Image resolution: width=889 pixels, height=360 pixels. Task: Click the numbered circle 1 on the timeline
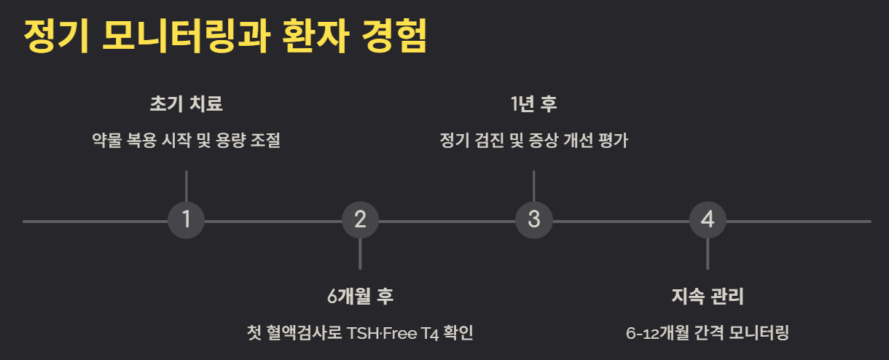[187, 220]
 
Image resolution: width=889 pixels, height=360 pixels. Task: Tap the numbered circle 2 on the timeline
[360, 220]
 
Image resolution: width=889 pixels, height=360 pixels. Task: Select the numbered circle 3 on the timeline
[534, 220]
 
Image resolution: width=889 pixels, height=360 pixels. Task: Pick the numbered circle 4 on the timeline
[708, 220]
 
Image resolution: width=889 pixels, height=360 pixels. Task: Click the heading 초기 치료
[186, 103]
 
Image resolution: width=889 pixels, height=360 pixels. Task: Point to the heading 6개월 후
[360, 297]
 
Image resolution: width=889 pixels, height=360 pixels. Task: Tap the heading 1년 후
[534, 103]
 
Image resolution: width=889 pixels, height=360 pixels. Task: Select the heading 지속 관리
[708, 297]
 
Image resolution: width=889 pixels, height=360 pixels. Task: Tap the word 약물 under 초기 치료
[105, 140]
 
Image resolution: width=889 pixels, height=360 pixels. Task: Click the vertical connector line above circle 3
[534, 186]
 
